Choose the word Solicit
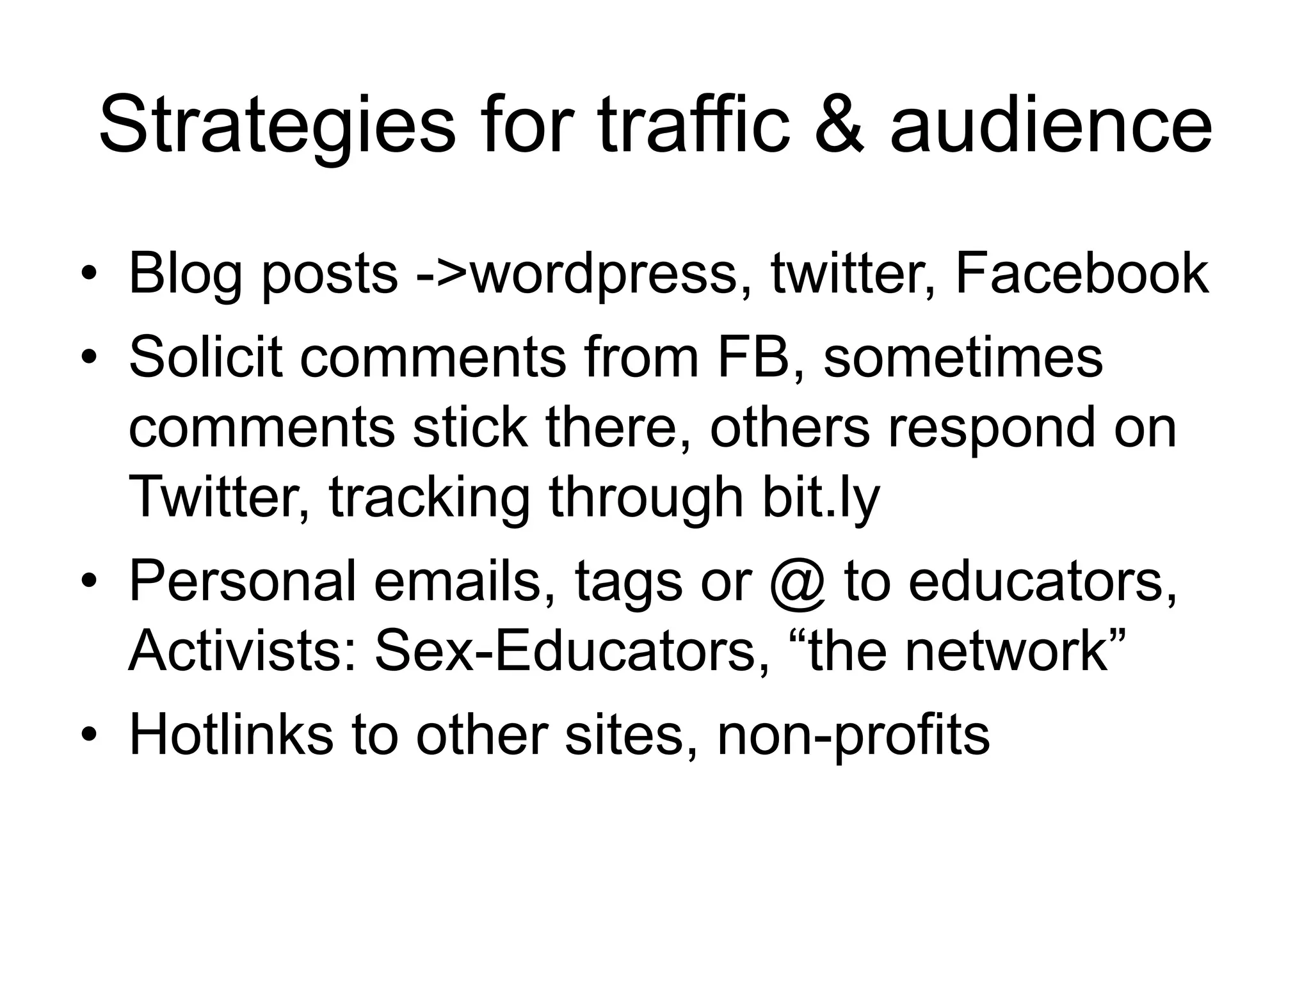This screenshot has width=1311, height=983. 205,356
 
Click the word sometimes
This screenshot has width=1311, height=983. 963,356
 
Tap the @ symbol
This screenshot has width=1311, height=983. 798,582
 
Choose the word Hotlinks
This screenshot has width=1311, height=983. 231,734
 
